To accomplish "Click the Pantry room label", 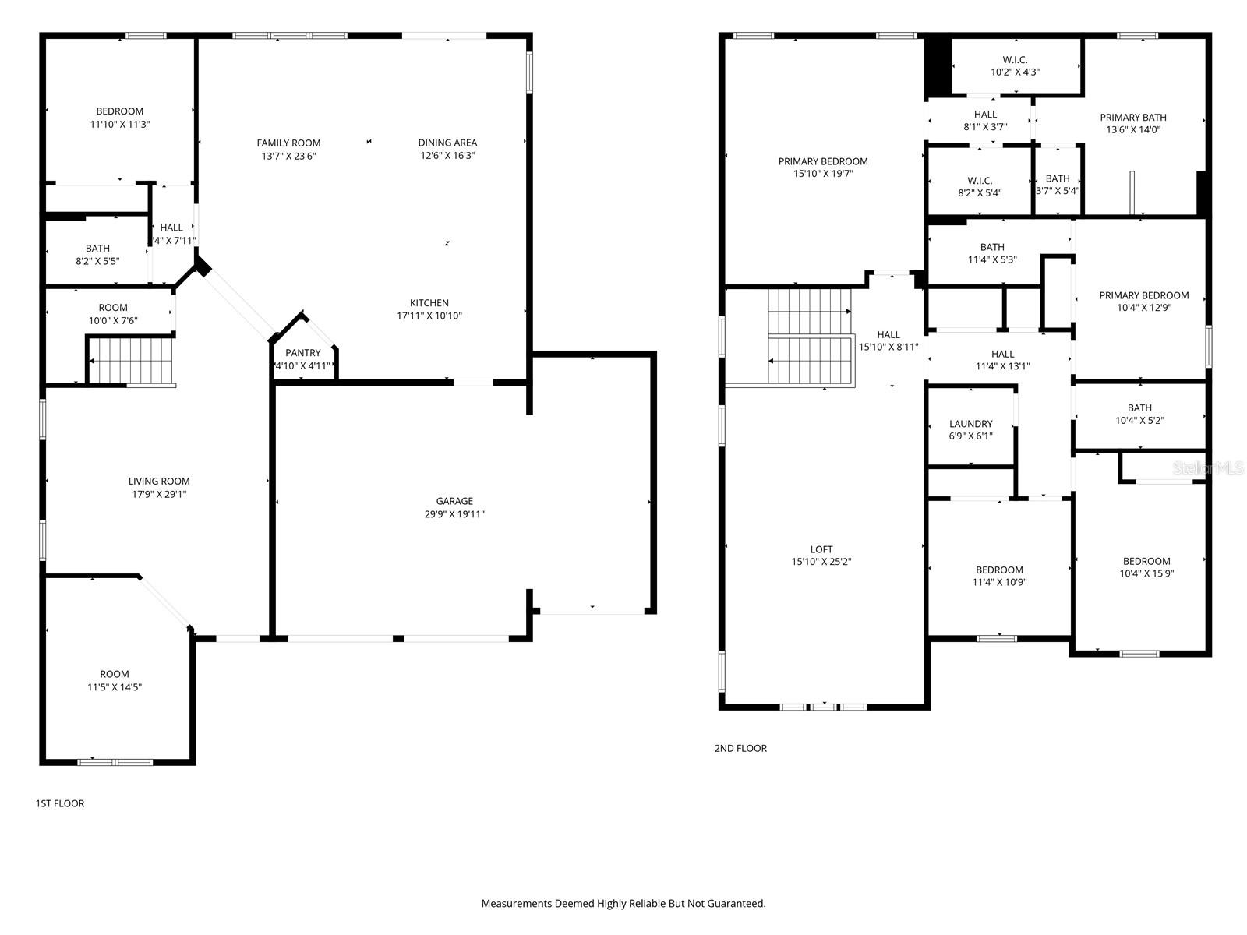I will (302, 353).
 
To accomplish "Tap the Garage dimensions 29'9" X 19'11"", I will (454, 514).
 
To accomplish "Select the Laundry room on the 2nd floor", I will (970, 429).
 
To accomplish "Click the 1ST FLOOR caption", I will (60, 803).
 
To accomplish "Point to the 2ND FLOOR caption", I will (740, 748).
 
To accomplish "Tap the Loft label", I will (821, 549).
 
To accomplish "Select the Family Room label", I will (288, 143).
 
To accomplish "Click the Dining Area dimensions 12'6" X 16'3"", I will (447, 155).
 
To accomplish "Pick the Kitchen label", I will (429, 303).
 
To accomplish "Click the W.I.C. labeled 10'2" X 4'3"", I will (1015, 65).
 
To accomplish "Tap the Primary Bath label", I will (1132, 118).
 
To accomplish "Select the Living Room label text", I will (159, 482).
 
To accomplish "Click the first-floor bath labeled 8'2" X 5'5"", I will (97, 255).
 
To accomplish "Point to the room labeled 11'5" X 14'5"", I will (115, 680).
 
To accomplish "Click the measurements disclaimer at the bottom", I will (623, 904).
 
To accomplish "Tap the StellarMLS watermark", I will (1208, 468).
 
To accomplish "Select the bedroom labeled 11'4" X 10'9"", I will (999, 576).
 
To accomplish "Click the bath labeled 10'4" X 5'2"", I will (1139, 414).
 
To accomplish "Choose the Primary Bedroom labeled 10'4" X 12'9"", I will (1143, 301).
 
